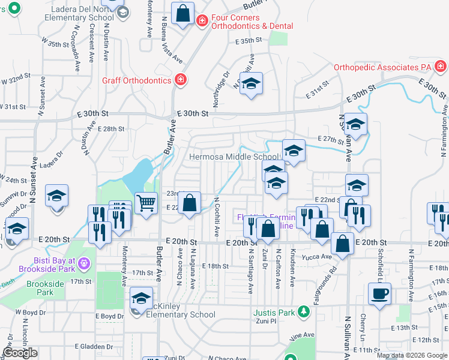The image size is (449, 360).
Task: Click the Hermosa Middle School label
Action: (x=234, y=157)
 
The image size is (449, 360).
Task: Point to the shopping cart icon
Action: (x=146, y=204)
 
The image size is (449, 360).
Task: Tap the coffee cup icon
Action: (x=379, y=295)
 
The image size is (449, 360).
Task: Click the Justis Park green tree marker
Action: (x=304, y=312)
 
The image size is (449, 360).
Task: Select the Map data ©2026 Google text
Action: (x=412, y=355)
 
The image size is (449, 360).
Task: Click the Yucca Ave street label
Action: (x=317, y=256)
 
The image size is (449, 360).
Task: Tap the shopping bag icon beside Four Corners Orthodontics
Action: (x=182, y=13)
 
